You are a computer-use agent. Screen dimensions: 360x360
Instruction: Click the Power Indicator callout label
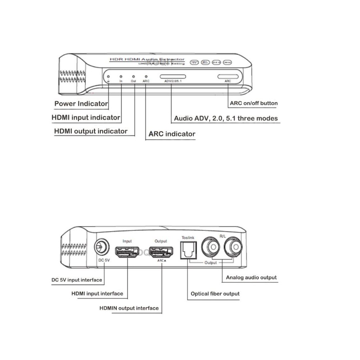[x=81, y=104]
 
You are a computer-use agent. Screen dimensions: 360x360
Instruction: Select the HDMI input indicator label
[x=86, y=118]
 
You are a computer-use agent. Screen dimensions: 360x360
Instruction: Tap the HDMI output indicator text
[x=91, y=131]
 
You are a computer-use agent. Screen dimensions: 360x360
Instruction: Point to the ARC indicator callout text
[x=172, y=134]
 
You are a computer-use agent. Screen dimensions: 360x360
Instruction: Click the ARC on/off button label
[x=254, y=103]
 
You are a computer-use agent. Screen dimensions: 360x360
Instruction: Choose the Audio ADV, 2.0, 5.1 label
[x=226, y=118]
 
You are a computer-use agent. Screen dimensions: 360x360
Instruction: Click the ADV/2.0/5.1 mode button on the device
[x=173, y=77]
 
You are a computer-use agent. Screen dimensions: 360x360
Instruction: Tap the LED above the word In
[x=121, y=77]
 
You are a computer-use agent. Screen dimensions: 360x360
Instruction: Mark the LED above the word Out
[x=133, y=77]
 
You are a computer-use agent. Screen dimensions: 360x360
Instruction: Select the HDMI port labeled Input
[x=127, y=252]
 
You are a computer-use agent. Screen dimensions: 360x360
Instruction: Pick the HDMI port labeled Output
[x=161, y=252]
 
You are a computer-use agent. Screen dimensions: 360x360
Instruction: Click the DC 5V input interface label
[x=77, y=280]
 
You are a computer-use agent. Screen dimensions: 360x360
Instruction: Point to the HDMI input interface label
[x=97, y=294]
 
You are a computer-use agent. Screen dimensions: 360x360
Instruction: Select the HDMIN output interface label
[x=129, y=308]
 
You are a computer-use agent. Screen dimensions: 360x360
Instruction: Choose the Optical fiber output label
[x=215, y=294]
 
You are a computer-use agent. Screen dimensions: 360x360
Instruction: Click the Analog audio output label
[x=251, y=278]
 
